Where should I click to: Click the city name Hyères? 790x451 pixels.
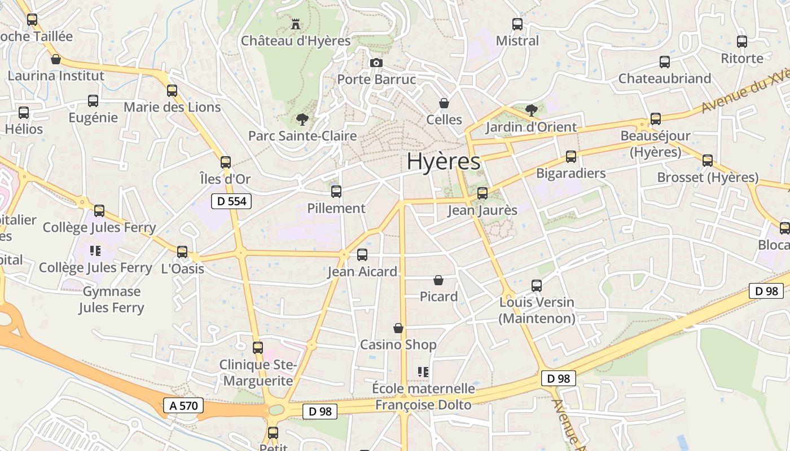pyautogui.click(x=444, y=162)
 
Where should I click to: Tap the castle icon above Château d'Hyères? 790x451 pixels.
pyautogui.click(x=295, y=24)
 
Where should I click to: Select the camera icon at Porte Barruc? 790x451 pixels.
pyautogui.click(x=376, y=63)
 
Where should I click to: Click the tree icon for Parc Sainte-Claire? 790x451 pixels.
pyautogui.click(x=302, y=119)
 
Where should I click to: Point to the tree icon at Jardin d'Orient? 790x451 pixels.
pyautogui.click(x=531, y=110)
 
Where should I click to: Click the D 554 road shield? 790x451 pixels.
pyautogui.click(x=231, y=201)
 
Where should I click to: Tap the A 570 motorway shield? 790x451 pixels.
pyautogui.click(x=183, y=405)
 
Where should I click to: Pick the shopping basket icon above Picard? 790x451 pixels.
pyautogui.click(x=438, y=280)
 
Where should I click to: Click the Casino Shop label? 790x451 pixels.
pyautogui.click(x=398, y=344)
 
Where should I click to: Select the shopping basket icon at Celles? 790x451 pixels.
pyautogui.click(x=444, y=103)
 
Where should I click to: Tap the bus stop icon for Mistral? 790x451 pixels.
pyautogui.click(x=517, y=24)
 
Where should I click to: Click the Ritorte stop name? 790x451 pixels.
pyautogui.click(x=742, y=59)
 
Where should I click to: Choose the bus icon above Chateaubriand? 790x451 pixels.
pyautogui.click(x=665, y=62)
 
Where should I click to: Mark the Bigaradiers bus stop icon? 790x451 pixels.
pyautogui.click(x=571, y=157)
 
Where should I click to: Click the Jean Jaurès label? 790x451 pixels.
pyautogui.click(x=482, y=211)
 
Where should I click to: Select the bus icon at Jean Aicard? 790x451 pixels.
pyautogui.click(x=362, y=255)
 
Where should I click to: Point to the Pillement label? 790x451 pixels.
pyautogui.click(x=336, y=208)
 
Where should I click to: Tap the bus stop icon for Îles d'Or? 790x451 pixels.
pyautogui.click(x=226, y=162)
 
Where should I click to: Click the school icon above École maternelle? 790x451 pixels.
pyautogui.click(x=423, y=372)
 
